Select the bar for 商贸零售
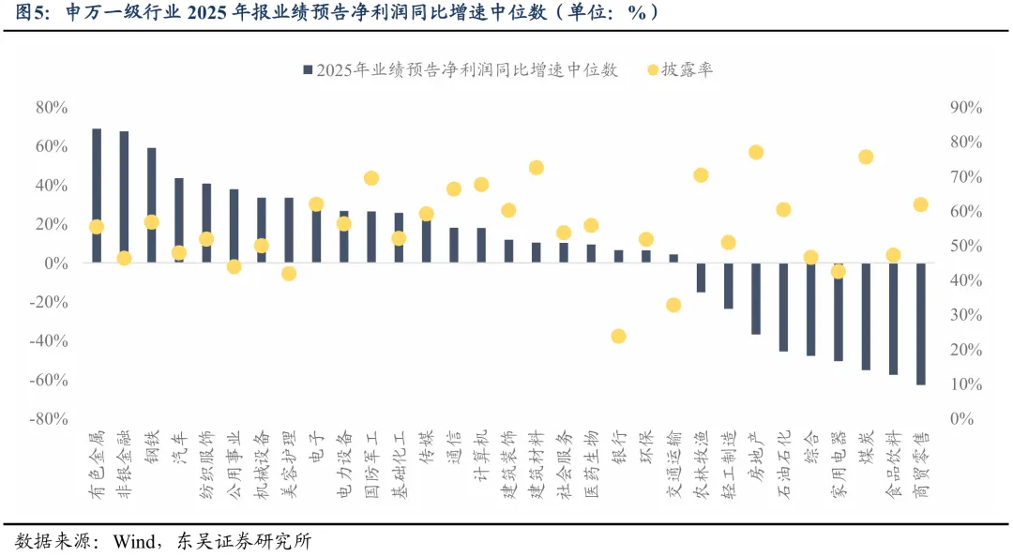(920, 324)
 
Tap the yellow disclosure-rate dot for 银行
(618, 336)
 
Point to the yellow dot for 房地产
(756, 152)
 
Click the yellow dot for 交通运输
(673, 305)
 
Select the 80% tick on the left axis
(51, 108)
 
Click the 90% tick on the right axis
(965, 108)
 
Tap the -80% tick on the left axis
(49, 418)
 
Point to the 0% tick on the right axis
(961, 418)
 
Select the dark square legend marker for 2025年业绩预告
(307, 70)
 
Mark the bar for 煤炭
(866, 316)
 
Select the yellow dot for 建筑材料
(536, 168)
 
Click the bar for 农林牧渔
(701, 278)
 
